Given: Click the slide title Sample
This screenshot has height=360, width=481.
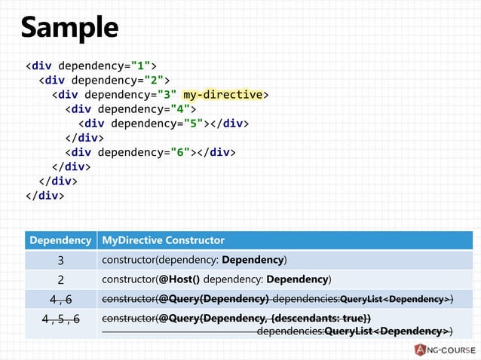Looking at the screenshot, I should pos(69,27).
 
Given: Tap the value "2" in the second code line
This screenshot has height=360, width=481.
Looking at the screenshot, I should pos(154,80).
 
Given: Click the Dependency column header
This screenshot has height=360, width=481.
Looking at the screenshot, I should pos(60,240).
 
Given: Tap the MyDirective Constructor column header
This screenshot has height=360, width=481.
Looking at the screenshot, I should pos(164,240).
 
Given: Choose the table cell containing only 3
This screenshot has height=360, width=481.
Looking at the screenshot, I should pos(60,260).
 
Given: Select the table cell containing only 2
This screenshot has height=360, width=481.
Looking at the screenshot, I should pos(60,279).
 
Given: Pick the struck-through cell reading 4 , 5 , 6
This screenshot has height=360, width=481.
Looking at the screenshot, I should pos(60,319).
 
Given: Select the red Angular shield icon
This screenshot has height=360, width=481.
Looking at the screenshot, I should pos(419,348).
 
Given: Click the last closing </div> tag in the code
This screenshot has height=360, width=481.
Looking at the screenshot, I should pos(44,195).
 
